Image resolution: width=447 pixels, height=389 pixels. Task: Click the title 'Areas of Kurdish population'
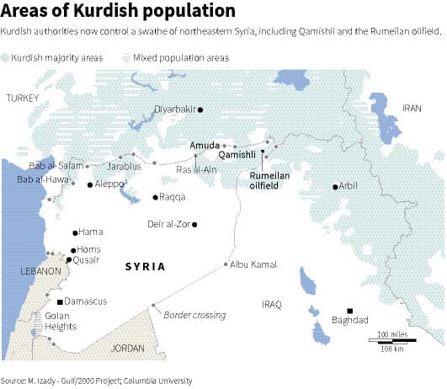pos(118,12)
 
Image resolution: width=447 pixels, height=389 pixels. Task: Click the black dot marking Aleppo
pos(91,184)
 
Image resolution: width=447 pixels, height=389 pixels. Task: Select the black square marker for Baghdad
pos(350,309)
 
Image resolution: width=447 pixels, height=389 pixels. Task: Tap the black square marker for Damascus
pos(60,301)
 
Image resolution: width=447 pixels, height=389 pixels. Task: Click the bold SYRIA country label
pos(145,267)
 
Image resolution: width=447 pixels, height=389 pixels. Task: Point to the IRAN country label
pos(411,109)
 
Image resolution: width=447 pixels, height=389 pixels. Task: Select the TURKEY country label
pos(23,99)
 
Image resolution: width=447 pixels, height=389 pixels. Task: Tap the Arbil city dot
pos(335,186)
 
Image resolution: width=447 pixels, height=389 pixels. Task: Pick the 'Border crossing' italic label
pos(194,315)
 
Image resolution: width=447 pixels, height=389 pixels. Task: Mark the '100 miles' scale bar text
pos(392,335)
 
